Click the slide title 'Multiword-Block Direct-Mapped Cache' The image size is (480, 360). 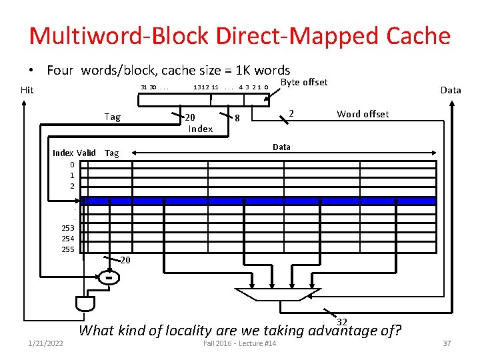pyautogui.click(x=240, y=36)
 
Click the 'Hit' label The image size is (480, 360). pyautogui.click(x=27, y=90)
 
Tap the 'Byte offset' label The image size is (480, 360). pyautogui.click(x=304, y=82)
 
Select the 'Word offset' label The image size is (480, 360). pyautogui.click(x=363, y=114)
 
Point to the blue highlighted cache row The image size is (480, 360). pyautogui.click(x=260, y=200)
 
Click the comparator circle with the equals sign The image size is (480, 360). pyautogui.click(x=108, y=276)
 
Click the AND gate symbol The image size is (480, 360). pyautogui.click(x=85, y=303)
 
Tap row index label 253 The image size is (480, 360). pyautogui.click(x=67, y=228)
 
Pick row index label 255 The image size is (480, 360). pyautogui.click(x=67, y=249)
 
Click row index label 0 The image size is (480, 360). pyautogui.click(x=72, y=165)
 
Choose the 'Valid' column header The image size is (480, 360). pyautogui.click(x=87, y=153)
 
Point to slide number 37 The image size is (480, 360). pyautogui.click(x=447, y=343)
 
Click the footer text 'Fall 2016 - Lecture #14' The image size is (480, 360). pyautogui.click(x=240, y=343)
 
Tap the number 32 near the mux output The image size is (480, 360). pyautogui.click(x=343, y=322)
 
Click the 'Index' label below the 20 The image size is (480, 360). pyautogui.click(x=200, y=129)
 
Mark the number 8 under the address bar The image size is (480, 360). pyautogui.click(x=238, y=119)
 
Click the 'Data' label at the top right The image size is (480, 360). pyautogui.click(x=451, y=90)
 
